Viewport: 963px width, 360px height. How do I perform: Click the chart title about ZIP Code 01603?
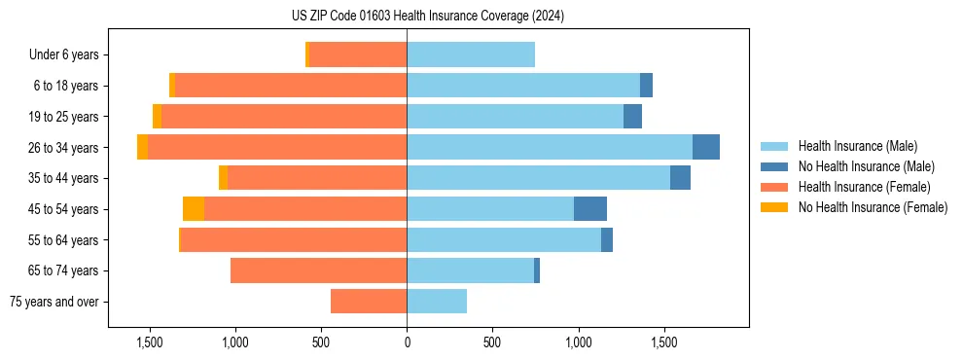click(427, 16)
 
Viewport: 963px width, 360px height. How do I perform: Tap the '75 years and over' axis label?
click(54, 302)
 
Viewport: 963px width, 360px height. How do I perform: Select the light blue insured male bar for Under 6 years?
click(471, 54)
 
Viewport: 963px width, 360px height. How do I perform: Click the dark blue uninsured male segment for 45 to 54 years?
click(590, 208)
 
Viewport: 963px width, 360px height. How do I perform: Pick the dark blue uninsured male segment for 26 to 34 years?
click(706, 147)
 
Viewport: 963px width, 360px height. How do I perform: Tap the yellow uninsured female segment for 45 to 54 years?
click(194, 208)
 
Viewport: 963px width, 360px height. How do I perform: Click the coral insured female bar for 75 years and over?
click(369, 302)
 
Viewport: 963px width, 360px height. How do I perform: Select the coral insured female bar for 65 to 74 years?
click(318, 270)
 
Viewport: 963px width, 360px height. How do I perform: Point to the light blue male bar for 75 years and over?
click(437, 302)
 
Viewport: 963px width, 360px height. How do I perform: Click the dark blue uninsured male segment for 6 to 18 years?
click(646, 86)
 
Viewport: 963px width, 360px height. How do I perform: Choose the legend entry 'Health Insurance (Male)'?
click(857, 146)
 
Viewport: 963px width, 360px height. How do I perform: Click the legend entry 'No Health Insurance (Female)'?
click(873, 207)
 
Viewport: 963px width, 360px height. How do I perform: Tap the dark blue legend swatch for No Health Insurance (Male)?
click(775, 166)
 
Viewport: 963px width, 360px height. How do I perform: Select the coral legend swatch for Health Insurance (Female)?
click(775, 187)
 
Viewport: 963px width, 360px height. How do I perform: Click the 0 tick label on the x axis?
click(407, 342)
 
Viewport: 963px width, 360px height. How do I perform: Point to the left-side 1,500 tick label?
click(150, 342)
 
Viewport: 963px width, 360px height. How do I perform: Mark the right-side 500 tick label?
click(492, 342)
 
